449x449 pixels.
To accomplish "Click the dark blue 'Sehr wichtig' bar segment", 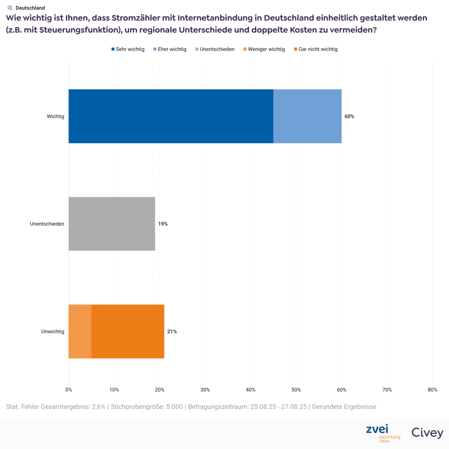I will pos(171,116).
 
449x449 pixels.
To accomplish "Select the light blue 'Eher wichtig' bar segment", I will pos(307,116).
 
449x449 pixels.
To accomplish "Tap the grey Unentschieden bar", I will pos(112,224).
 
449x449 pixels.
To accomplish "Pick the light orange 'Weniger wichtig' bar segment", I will pos(80,331).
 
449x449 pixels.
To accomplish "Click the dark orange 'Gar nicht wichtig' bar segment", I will pos(128,331).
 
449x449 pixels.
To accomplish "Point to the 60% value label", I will pos(349,117).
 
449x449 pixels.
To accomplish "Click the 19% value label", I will pos(163,224).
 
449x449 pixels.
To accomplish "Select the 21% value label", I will pos(172,332).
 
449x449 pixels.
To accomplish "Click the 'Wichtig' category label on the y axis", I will pos(56,117).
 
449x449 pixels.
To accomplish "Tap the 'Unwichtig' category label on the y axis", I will pos(53,332).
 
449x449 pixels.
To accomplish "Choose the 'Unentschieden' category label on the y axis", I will pos(47,224).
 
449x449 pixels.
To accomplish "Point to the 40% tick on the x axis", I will pos(250,390).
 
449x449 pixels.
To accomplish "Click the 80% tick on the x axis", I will pos(432,390).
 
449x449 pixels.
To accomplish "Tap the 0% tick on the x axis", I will pos(68,390).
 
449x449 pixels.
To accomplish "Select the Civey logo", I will pos(427,433).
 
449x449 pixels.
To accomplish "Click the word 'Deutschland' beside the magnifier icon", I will pos(30,8).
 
